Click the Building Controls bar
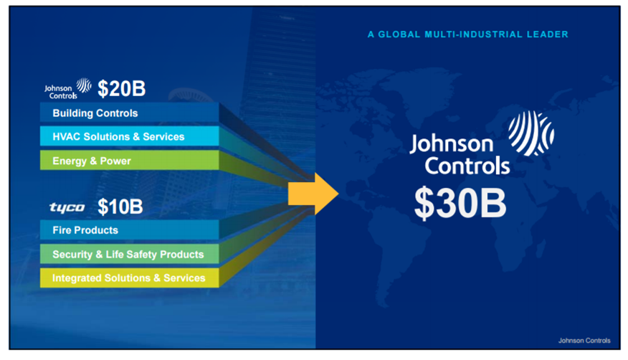coord(129,113)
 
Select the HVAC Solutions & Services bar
coord(129,137)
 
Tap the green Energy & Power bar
coord(129,161)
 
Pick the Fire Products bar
coord(129,230)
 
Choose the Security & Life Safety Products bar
coord(129,255)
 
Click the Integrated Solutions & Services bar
coord(129,278)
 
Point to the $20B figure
coord(121,89)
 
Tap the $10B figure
coord(120,207)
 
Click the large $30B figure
coord(460,204)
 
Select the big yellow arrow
coord(313,193)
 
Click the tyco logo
coord(67,208)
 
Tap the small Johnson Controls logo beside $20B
coord(68,89)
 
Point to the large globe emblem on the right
coord(531,133)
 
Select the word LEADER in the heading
coord(548,34)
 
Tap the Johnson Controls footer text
coord(584,341)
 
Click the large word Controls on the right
coord(467,166)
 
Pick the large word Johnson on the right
coord(452,143)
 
